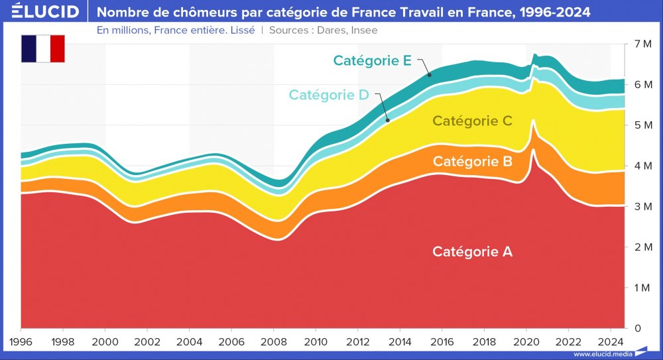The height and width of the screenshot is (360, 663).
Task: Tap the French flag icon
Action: (43, 49)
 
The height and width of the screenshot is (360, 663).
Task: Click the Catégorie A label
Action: (472, 252)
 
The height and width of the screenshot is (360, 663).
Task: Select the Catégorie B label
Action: (472, 161)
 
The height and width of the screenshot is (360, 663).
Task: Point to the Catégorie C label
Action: (472, 121)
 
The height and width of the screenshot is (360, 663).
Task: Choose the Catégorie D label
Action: (328, 95)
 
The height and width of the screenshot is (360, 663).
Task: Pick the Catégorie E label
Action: (373, 61)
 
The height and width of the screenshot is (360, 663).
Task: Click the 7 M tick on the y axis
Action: (642, 44)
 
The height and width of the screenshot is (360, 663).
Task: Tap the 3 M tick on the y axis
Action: (642, 207)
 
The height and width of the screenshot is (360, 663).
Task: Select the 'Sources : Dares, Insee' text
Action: (324, 30)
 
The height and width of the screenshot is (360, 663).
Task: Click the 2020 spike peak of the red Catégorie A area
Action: (533, 150)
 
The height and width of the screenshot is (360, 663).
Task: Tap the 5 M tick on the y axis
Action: (642, 125)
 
